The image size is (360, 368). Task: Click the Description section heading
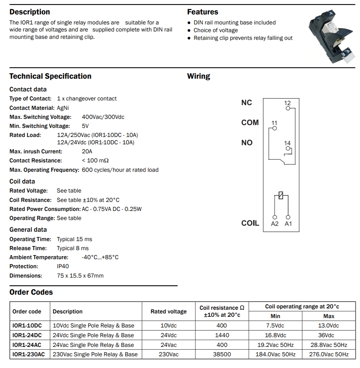(x=29, y=12)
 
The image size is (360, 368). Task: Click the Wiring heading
(x=198, y=76)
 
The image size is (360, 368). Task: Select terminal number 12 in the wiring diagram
(x=287, y=103)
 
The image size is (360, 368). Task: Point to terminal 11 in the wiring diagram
(x=274, y=123)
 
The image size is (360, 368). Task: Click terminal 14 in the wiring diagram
(x=288, y=144)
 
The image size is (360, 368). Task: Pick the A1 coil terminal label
(x=288, y=224)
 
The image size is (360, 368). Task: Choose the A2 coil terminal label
(x=275, y=224)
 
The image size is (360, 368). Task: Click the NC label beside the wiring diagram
(x=246, y=103)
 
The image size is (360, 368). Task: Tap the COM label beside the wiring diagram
(x=250, y=123)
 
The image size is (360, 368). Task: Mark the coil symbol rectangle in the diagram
(x=281, y=195)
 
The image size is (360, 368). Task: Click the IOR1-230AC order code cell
(x=28, y=354)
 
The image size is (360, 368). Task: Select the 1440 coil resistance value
(x=222, y=335)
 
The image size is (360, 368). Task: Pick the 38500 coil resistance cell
(x=222, y=354)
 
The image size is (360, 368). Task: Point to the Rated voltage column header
(x=168, y=311)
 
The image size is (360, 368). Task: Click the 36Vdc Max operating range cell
(x=329, y=335)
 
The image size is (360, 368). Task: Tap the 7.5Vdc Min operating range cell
(x=275, y=325)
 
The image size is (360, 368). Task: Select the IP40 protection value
(x=63, y=267)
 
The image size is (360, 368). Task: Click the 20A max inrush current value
(x=87, y=151)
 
